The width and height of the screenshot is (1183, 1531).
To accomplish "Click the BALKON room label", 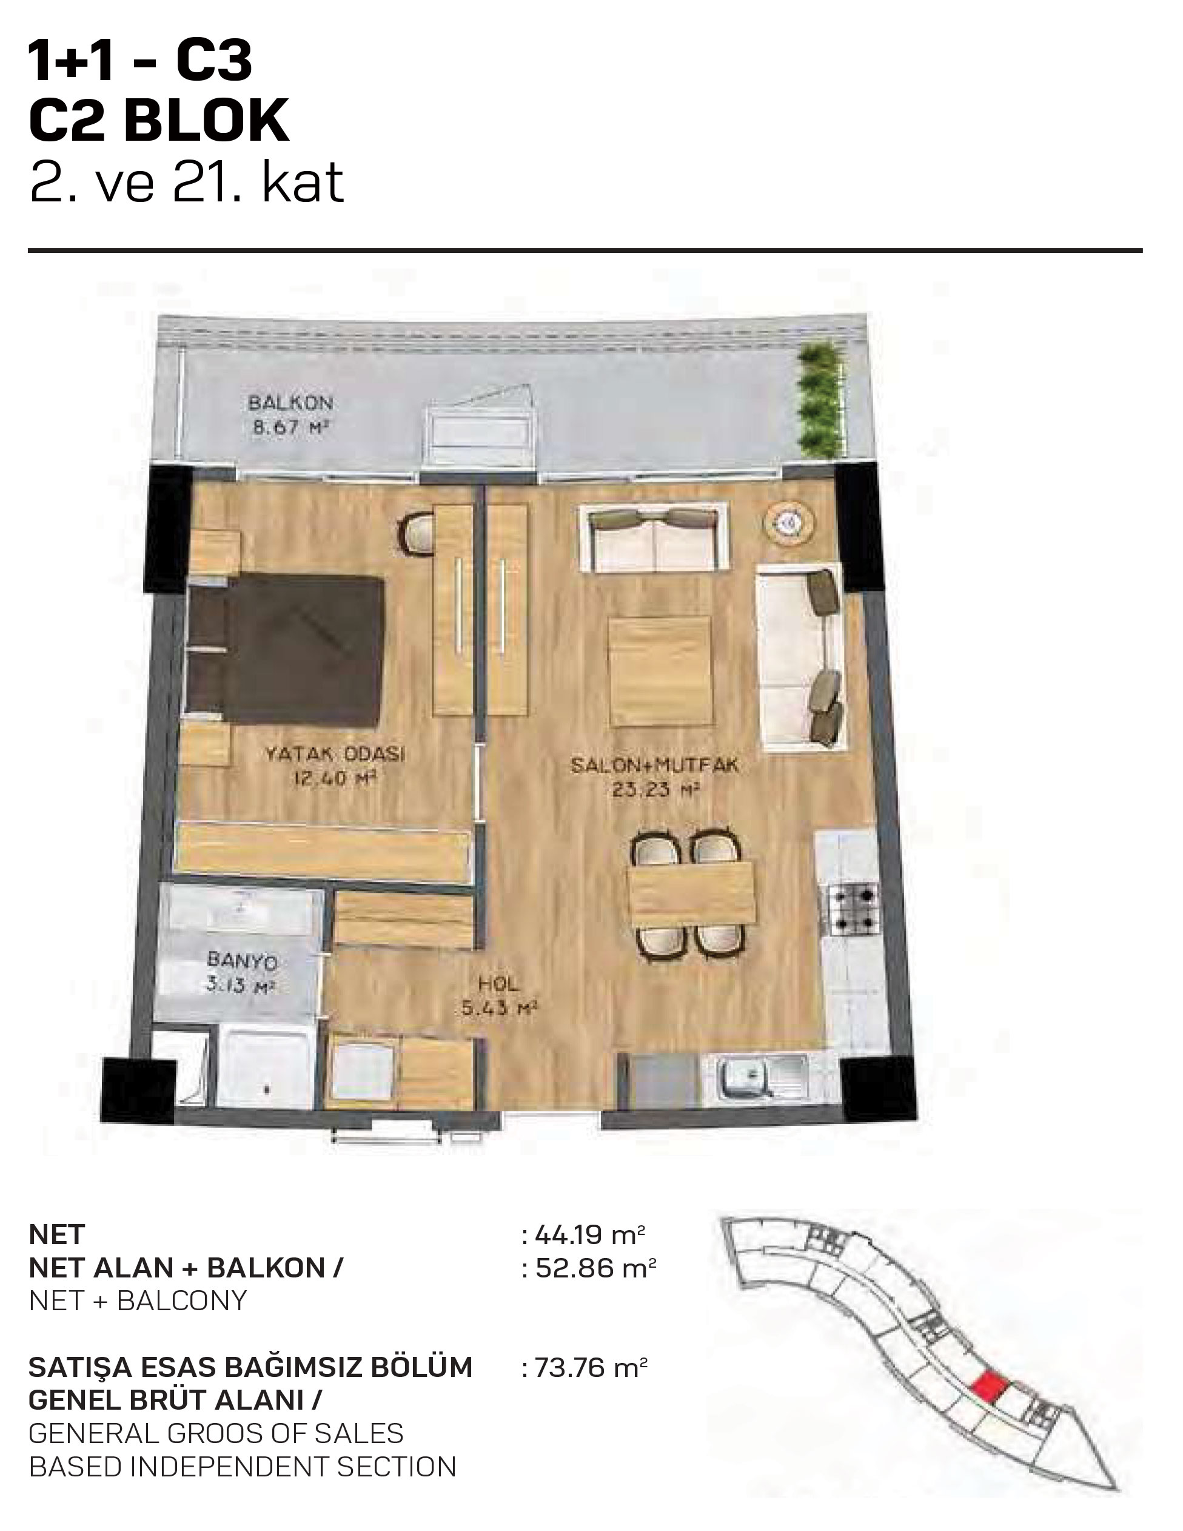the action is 290,403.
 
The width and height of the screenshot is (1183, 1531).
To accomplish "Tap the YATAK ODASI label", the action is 335,755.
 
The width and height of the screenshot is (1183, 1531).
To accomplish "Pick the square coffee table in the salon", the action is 659,671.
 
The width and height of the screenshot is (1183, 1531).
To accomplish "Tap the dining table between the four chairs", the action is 692,893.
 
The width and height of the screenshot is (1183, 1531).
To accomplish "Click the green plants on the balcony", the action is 814,397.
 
